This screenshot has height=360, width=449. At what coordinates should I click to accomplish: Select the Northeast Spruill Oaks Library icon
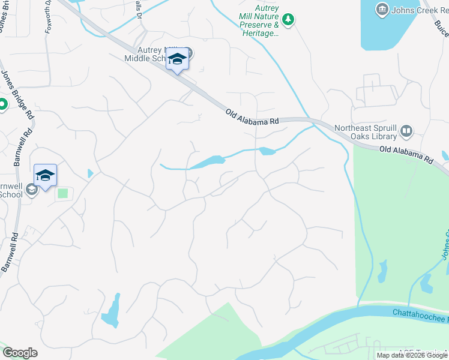(x=406, y=131)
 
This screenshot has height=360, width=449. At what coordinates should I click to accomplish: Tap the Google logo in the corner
(x=20, y=353)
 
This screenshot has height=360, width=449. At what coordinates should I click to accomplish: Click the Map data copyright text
(x=412, y=355)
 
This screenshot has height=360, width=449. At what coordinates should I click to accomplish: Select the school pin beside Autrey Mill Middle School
(x=177, y=59)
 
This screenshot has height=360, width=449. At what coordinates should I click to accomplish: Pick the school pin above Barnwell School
(x=45, y=175)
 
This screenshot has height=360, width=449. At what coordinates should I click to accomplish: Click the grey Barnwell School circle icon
(x=31, y=190)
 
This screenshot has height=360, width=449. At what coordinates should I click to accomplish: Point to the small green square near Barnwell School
(x=62, y=193)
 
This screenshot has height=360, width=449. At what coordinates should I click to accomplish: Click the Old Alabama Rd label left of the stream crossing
(x=253, y=117)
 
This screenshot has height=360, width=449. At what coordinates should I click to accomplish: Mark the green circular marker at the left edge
(x=2, y=104)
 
